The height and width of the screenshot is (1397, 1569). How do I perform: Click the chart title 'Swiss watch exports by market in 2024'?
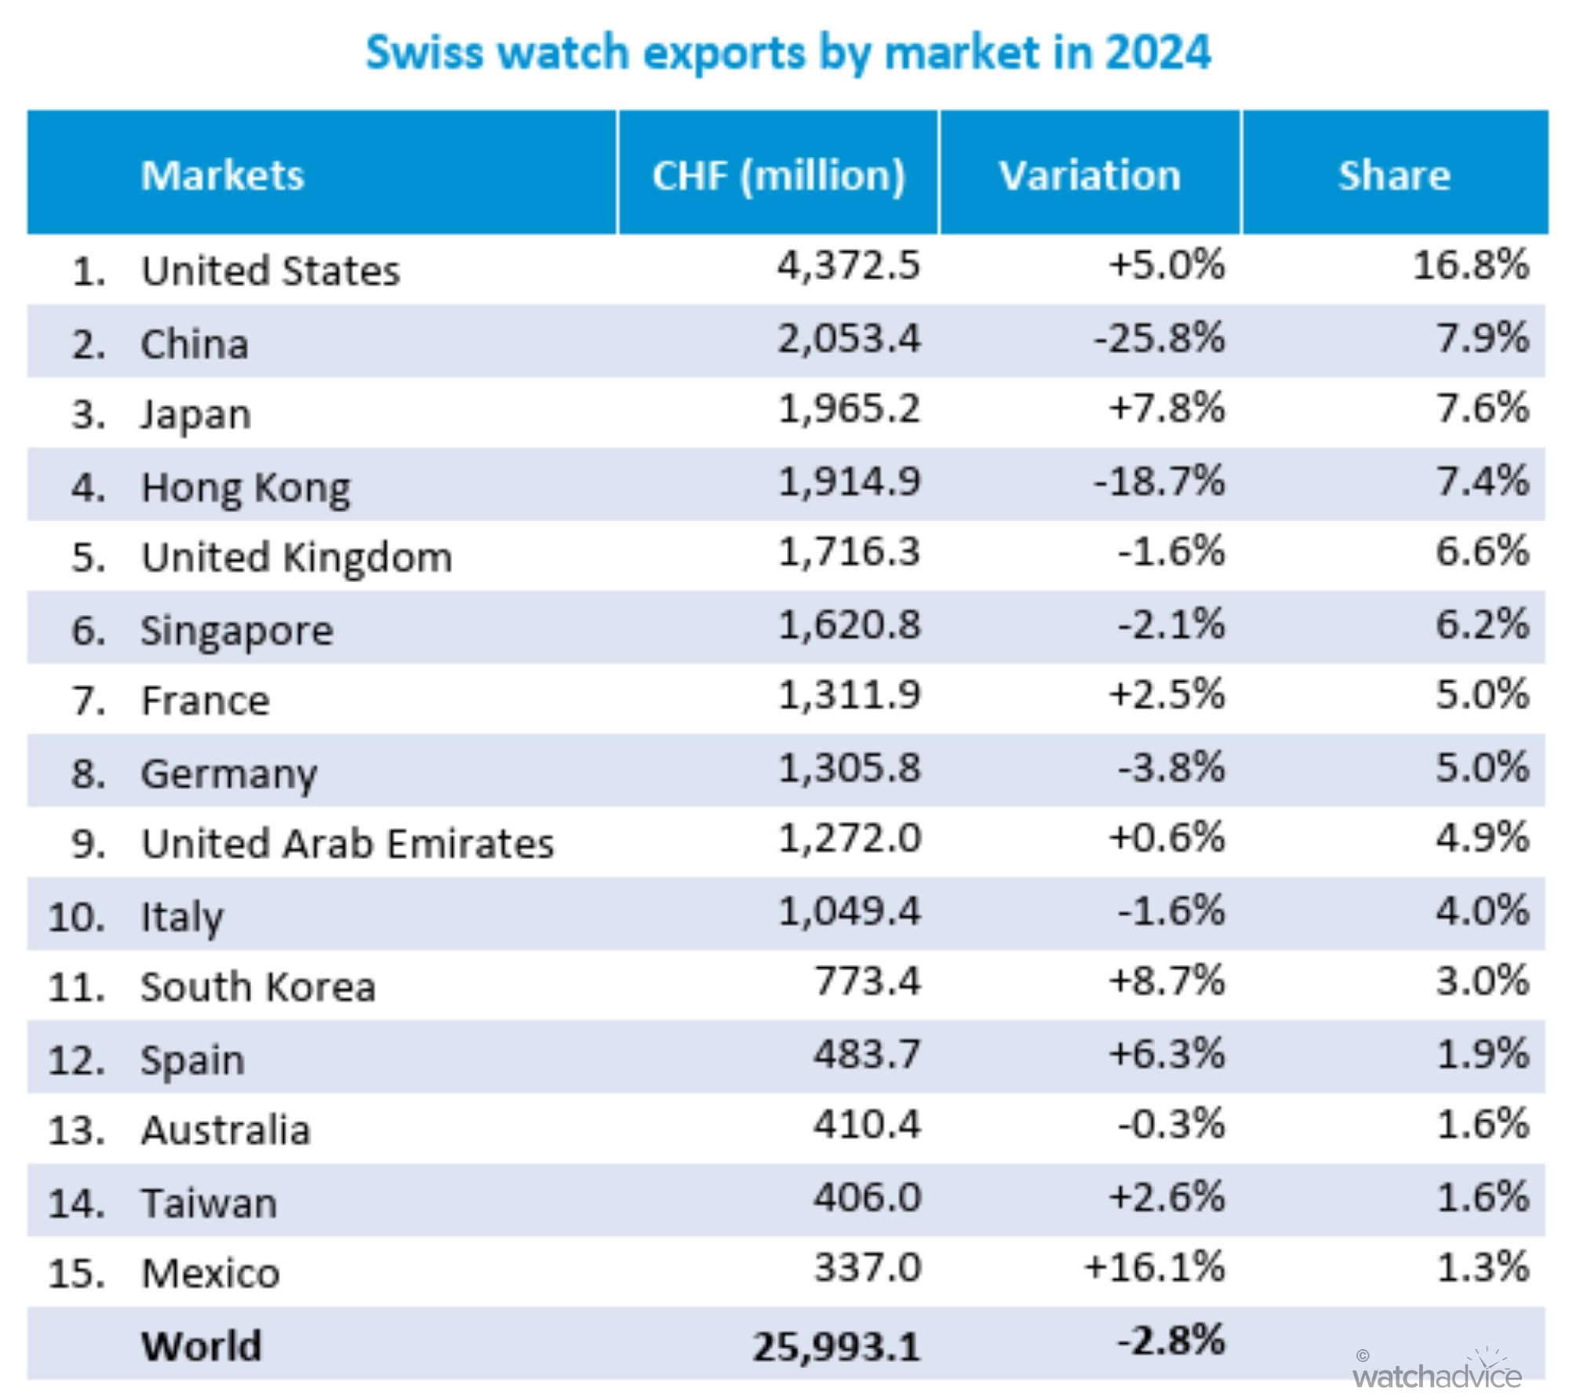pyautogui.click(x=788, y=53)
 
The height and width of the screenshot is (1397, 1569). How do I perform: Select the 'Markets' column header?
pyautogui.click(x=222, y=174)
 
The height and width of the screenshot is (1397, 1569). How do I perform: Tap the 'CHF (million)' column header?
pyautogui.click(x=778, y=174)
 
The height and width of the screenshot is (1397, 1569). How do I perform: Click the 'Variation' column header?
pyautogui.click(x=1089, y=174)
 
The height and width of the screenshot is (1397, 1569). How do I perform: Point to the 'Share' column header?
pyautogui.click(x=1393, y=174)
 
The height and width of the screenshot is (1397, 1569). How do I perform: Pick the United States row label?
pyautogui.click(x=270, y=271)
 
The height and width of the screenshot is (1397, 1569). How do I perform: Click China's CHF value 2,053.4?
pyautogui.click(x=848, y=339)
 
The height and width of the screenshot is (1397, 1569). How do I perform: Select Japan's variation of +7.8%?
pyautogui.click(x=1166, y=409)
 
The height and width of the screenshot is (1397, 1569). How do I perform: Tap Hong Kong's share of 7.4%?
pyautogui.click(x=1482, y=480)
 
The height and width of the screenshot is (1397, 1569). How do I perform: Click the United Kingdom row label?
pyautogui.click(x=297, y=558)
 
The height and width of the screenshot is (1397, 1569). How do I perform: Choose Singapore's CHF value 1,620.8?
pyautogui.click(x=848, y=625)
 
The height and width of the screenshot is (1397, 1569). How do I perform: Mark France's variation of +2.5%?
pyautogui.click(x=1166, y=695)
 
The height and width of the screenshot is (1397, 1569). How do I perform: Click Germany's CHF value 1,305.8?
pyautogui.click(x=848, y=767)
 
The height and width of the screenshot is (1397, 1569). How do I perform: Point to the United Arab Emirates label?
pyautogui.click(x=347, y=844)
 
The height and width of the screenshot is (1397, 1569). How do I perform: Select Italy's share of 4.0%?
pyautogui.click(x=1482, y=911)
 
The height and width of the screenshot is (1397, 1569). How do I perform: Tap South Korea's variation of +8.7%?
pyautogui.click(x=1166, y=981)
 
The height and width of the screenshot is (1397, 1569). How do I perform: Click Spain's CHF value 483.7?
pyautogui.click(x=866, y=1053)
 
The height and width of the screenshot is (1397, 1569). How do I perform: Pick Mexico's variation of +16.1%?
pyautogui.click(x=1154, y=1268)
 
